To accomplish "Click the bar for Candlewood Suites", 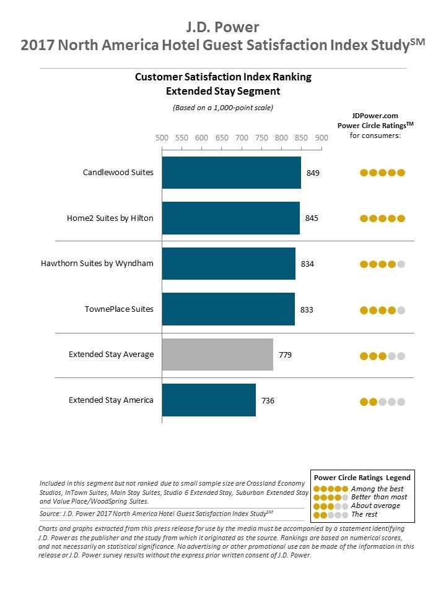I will (x=231, y=173).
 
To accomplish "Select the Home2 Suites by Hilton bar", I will (x=230, y=218).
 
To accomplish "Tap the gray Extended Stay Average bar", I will (x=217, y=355).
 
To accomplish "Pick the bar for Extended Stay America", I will (x=209, y=400).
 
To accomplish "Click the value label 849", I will (x=313, y=173).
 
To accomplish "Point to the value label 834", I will (x=307, y=264).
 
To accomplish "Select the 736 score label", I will (x=268, y=401).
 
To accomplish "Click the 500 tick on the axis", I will (x=162, y=138).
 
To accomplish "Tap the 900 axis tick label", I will (x=321, y=138).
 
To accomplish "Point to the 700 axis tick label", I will (x=242, y=138).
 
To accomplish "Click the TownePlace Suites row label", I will (x=119, y=309).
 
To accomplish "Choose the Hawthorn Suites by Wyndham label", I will (x=97, y=264).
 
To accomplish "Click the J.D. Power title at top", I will (x=222, y=27).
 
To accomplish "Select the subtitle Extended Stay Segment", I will (x=223, y=92).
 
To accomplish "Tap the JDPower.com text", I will (x=375, y=115).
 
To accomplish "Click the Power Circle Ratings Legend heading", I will (x=362, y=478).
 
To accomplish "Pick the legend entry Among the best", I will (x=377, y=489).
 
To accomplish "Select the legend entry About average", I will (x=375, y=506).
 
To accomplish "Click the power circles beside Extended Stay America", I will (x=382, y=402).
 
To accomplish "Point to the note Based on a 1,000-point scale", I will (x=223, y=108).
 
